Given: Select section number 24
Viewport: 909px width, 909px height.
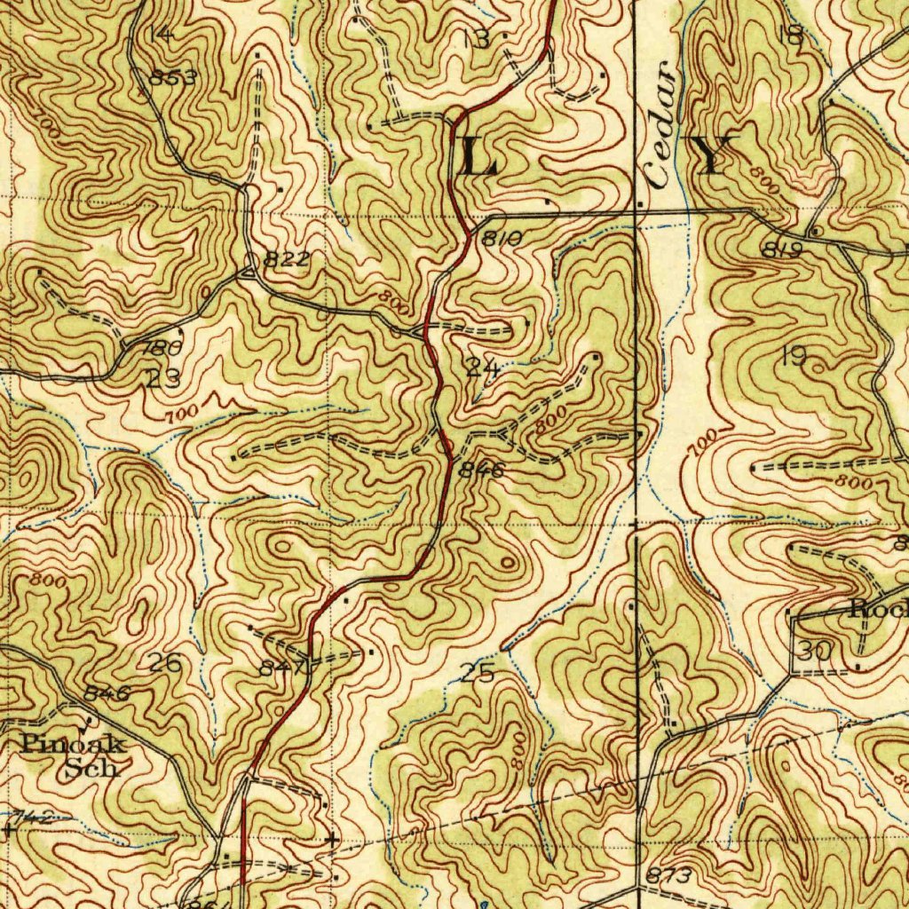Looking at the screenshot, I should point(481,368).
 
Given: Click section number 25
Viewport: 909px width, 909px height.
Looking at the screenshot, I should point(477,673).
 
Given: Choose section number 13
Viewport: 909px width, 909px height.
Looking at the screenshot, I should point(476,38).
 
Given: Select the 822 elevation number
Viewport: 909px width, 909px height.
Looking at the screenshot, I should point(287,259).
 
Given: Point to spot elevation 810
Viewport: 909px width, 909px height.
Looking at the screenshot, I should point(502,238).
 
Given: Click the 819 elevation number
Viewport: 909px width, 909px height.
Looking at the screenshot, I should point(782,250).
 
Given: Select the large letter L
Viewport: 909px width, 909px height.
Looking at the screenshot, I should point(477,157).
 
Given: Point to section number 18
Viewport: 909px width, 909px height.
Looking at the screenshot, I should point(789,36).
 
